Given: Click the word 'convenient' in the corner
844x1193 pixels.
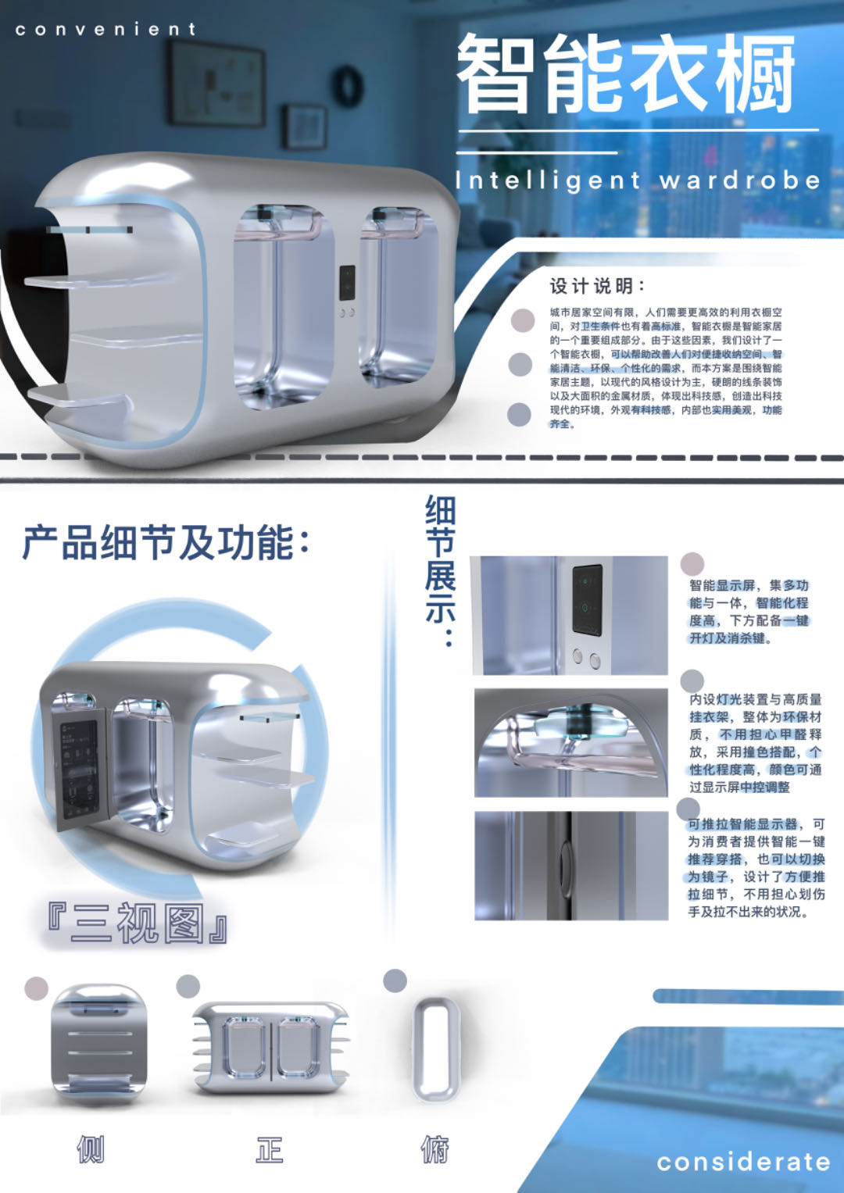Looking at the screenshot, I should [x=105, y=30].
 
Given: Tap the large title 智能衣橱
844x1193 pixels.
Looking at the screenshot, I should [x=625, y=74].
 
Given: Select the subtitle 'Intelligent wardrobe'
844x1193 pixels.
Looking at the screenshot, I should [x=638, y=180].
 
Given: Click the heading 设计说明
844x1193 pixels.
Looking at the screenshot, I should [x=598, y=286].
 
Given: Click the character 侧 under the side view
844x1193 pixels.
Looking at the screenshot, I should [x=91, y=1149].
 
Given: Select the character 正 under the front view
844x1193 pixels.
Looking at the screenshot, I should [x=270, y=1149].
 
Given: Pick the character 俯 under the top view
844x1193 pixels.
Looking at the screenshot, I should [x=435, y=1149].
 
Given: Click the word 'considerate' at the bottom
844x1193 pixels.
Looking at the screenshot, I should [x=743, y=1162].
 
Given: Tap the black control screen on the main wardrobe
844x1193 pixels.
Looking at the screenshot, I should [x=347, y=283].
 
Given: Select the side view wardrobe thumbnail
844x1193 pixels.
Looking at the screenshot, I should [x=98, y=1042].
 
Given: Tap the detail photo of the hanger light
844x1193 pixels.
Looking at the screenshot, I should [x=571, y=742].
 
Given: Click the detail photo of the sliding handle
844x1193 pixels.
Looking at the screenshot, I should [x=571, y=865].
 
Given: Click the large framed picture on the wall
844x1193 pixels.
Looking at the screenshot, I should [x=216, y=84].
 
